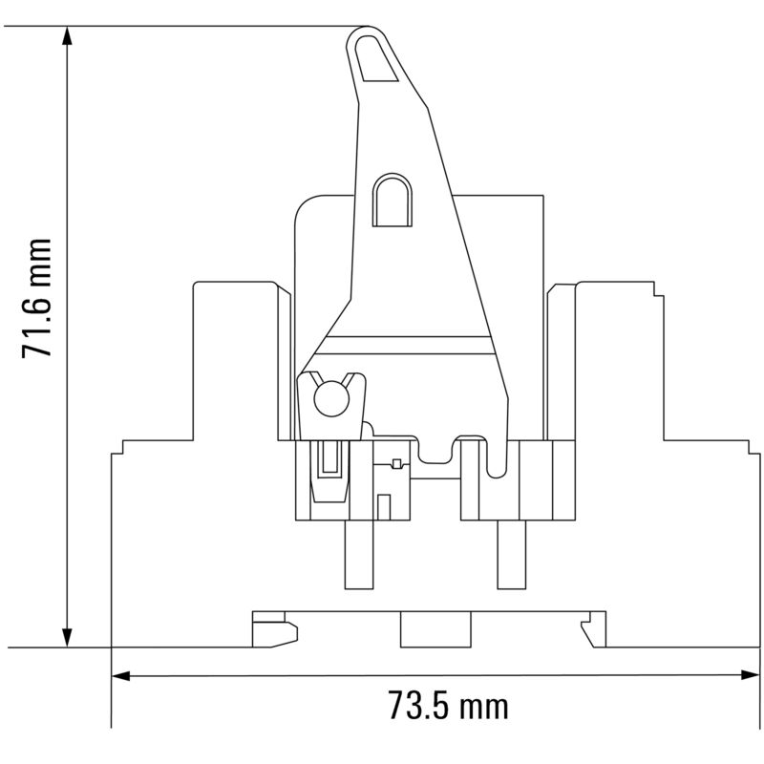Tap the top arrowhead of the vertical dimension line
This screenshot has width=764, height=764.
tap(67, 36)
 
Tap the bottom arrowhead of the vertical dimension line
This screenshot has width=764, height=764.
tap(67, 636)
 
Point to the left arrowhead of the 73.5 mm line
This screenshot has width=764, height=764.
tap(121, 674)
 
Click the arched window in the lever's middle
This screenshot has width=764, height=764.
tap(392, 201)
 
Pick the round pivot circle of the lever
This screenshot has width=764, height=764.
tap(330, 400)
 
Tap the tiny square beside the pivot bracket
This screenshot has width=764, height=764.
tap(397, 464)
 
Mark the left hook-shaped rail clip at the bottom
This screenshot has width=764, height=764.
tap(273, 631)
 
